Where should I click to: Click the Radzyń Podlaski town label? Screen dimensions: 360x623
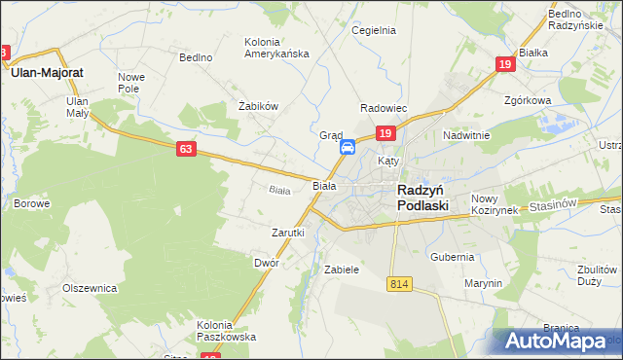pos(422,198)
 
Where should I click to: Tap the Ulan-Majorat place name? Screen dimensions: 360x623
pos(47,72)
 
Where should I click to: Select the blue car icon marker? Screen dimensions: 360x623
pos(348,148)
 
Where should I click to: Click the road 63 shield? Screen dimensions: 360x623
pos(187,149)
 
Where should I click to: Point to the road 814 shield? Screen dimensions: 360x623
pos(397,283)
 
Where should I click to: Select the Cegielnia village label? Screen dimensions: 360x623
pos(373,30)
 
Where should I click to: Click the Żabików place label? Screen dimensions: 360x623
pos(259,106)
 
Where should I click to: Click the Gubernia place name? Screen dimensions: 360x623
pos(452,257)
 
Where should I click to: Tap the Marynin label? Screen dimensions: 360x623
pos(483,283)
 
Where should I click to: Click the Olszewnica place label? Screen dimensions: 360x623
pos(90,288)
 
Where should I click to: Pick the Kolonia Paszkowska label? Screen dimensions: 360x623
pos(226,331)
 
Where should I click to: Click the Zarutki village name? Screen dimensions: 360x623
pos(288,233)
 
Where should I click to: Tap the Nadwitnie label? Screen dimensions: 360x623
pos(465,135)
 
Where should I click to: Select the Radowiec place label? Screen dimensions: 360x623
pos(384,107)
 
